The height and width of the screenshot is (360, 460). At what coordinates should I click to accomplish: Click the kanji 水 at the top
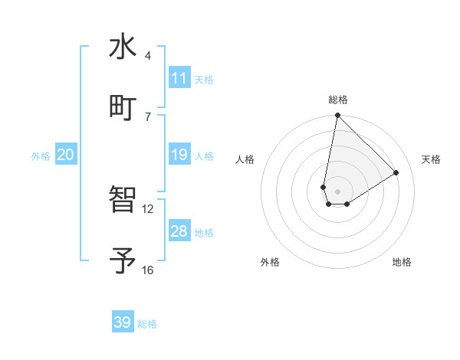(x=123, y=47)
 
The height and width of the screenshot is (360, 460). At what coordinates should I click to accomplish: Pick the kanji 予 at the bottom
(x=123, y=260)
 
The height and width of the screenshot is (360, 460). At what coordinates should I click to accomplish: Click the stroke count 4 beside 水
(x=148, y=56)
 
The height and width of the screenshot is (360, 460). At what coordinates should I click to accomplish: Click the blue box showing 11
(x=179, y=78)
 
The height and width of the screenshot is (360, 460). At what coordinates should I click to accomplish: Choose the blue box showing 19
(x=179, y=155)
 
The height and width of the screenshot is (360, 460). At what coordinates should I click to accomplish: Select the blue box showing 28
(x=179, y=231)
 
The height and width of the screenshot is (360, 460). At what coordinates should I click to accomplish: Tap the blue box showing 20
(x=66, y=155)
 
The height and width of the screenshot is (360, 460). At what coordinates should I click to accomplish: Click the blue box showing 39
(x=123, y=322)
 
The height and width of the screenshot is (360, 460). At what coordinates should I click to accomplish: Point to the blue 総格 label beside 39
(x=148, y=324)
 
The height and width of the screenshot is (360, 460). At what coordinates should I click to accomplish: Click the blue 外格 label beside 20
(x=41, y=156)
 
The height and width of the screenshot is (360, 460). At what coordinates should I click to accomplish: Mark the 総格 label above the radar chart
(x=338, y=100)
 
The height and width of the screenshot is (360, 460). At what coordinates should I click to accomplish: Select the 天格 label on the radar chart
(x=431, y=159)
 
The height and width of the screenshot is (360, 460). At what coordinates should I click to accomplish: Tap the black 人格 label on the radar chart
(x=245, y=159)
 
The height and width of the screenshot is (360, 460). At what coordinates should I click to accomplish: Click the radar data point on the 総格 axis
(x=337, y=116)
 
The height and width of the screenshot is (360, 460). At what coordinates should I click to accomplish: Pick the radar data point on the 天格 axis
(x=396, y=172)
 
